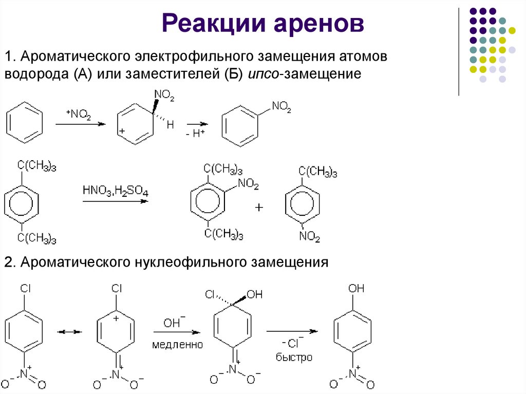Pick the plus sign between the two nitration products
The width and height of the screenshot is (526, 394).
(x=259, y=208)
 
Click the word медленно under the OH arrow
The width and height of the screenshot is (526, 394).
(x=177, y=344)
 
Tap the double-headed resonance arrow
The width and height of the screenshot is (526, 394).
(x=69, y=332)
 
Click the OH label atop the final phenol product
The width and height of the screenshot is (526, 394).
(x=356, y=289)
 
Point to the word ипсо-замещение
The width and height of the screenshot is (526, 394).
(x=307, y=74)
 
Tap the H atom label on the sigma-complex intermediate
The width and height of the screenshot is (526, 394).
(x=171, y=125)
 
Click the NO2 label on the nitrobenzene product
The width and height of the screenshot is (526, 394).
(x=281, y=107)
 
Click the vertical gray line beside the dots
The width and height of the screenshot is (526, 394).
(x=458, y=51)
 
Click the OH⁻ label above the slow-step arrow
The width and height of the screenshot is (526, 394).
(x=172, y=323)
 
